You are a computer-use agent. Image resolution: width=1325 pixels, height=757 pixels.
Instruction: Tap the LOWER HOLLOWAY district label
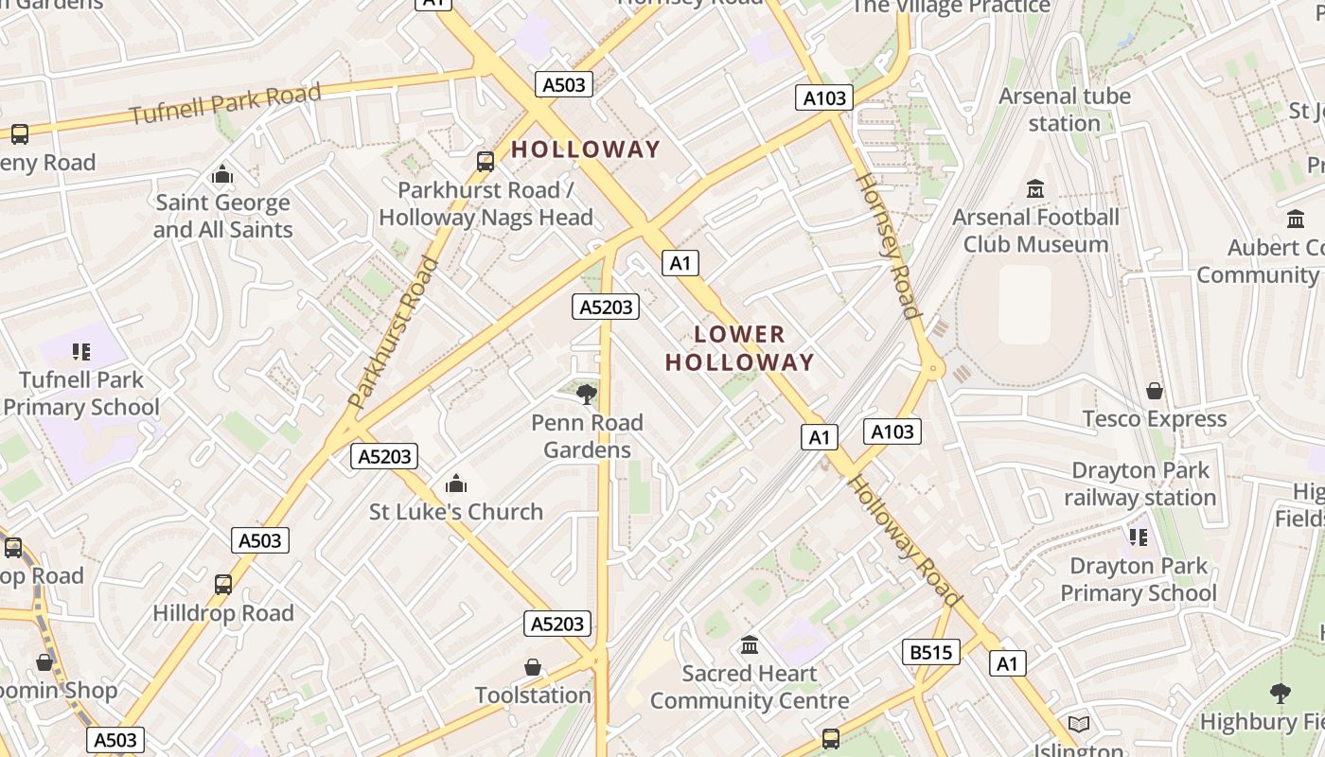click(739, 348)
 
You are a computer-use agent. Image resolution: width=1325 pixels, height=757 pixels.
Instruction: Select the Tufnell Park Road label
click(225, 104)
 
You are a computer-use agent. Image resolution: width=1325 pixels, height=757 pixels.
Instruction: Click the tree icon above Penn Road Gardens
click(587, 394)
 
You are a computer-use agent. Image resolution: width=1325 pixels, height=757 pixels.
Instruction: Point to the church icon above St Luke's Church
click(456, 484)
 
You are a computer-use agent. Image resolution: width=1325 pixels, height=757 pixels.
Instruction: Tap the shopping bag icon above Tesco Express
click(1155, 391)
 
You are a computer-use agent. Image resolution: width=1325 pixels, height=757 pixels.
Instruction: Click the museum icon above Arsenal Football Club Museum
click(1035, 189)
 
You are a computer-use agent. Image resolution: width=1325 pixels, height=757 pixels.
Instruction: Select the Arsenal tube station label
click(1065, 110)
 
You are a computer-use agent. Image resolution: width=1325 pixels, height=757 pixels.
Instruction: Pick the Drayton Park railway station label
click(1139, 484)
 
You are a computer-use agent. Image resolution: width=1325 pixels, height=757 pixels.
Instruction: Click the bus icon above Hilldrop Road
click(223, 585)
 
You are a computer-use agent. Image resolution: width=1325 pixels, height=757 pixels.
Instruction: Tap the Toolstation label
click(533, 695)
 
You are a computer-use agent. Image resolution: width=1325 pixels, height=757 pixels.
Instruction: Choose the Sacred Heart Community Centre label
click(750, 687)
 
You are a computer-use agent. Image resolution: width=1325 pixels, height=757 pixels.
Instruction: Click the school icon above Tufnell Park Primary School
click(81, 352)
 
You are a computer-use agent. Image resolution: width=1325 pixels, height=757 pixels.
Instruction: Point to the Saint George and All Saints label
click(223, 216)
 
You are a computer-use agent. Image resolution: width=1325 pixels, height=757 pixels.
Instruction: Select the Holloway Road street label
click(904, 540)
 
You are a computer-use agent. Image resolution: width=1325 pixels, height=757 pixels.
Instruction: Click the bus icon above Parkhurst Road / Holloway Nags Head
click(486, 162)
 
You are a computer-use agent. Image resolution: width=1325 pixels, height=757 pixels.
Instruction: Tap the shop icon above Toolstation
click(533, 667)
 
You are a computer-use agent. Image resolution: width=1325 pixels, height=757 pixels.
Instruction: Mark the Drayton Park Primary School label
click(1139, 579)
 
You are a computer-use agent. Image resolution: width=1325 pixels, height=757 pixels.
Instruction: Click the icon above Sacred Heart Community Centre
click(750, 645)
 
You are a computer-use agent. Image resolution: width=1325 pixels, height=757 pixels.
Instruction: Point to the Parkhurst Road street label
click(395, 331)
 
